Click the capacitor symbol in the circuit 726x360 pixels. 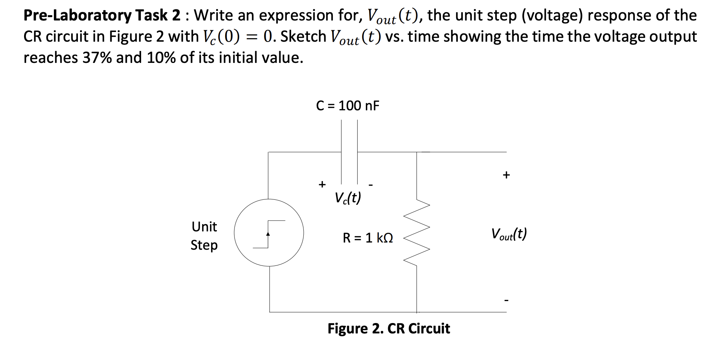(x=349, y=152)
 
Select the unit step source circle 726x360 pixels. (x=269, y=233)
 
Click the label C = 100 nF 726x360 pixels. (x=348, y=106)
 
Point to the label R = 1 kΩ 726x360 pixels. (x=368, y=238)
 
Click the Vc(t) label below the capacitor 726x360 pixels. (x=348, y=198)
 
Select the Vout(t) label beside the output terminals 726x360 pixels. (x=509, y=234)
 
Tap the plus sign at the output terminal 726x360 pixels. (x=506, y=175)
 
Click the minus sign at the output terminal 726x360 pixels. (x=506, y=300)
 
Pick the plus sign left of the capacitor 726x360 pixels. (x=322, y=184)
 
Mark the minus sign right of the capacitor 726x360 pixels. (x=371, y=185)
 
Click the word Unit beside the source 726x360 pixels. (x=204, y=227)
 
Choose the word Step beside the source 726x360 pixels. (x=204, y=245)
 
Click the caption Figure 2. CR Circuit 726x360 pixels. (x=388, y=329)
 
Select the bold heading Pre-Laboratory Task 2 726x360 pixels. (x=102, y=15)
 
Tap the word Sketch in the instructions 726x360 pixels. (x=303, y=36)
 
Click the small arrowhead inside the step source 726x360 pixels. (x=268, y=234)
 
